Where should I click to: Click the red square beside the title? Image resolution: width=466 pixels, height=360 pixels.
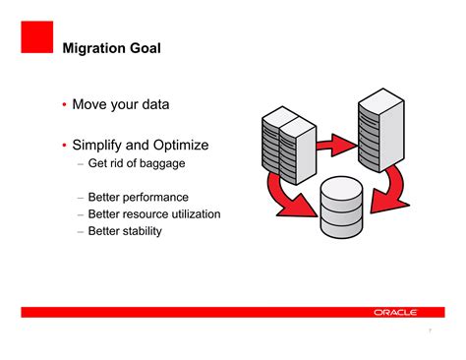[35, 36]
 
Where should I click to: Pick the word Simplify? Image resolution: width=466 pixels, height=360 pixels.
[105, 145]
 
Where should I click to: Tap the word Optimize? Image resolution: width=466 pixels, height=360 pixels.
[202, 145]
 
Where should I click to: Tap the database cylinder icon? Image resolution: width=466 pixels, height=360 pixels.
[347, 208]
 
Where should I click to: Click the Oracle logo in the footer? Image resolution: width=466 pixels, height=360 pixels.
[395, 312]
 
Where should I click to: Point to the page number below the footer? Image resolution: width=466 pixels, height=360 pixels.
[430, 331]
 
